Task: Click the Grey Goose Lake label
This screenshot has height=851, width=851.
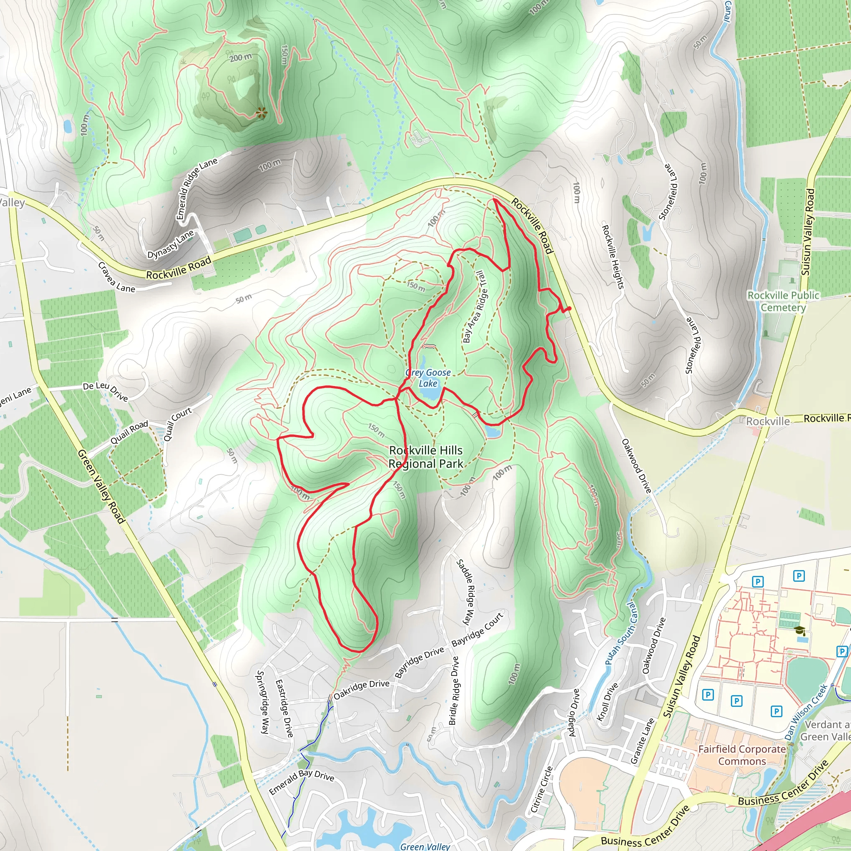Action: coord(428,378)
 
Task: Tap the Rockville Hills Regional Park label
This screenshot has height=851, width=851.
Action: coord(426,457)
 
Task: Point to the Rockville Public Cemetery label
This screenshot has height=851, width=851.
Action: coord(783,301)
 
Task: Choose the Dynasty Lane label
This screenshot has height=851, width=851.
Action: coord(170,244)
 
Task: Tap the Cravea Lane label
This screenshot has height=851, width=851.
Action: coord(116,278)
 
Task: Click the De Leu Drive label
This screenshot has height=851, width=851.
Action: coord(105,391)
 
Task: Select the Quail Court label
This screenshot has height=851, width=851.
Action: coord(177,424)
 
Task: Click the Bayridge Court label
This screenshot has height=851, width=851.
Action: coord(477,629)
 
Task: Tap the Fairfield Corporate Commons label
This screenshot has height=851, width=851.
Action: coord(742,755)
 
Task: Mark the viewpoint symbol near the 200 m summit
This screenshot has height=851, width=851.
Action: coord(261,113)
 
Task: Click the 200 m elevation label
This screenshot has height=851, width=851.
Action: coord(241,57)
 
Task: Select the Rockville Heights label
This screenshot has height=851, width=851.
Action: coord(613,257)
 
